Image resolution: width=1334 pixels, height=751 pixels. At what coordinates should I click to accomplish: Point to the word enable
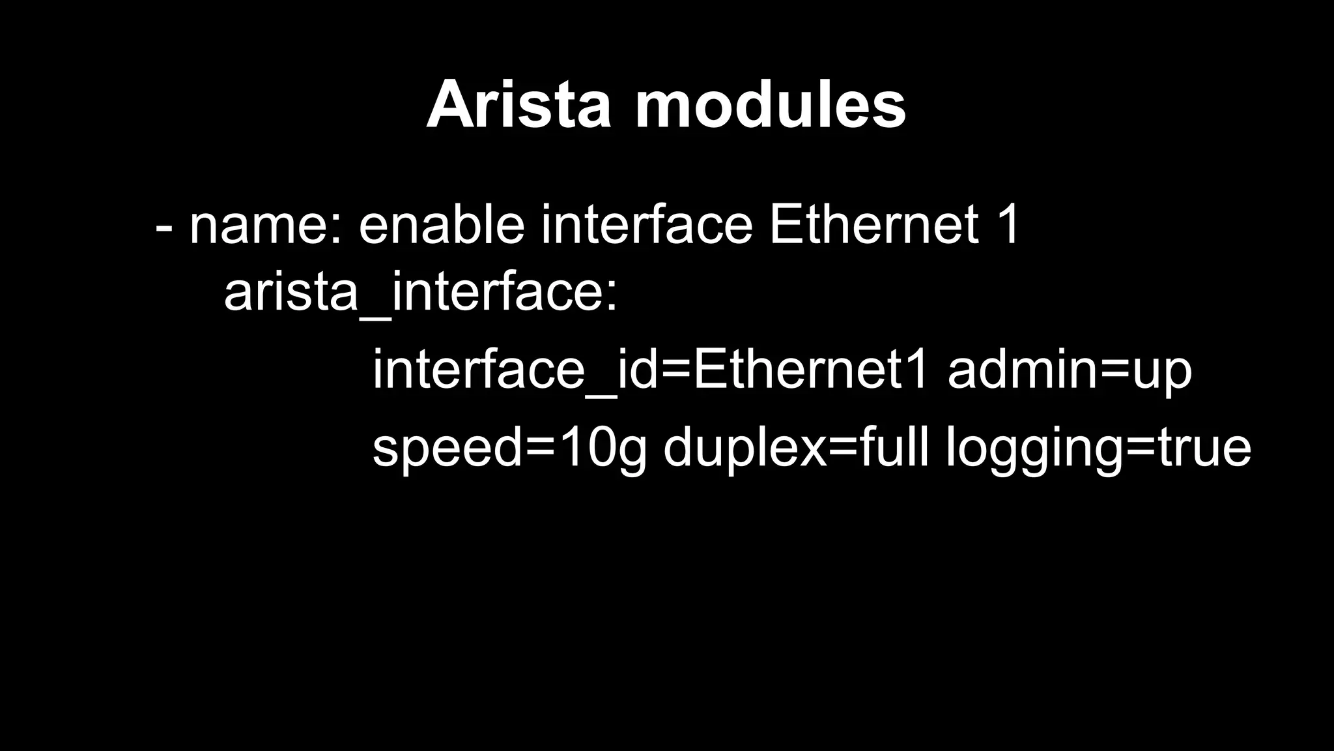pos(442,226)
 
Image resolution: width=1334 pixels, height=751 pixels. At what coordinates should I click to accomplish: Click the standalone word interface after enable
pos(647,226)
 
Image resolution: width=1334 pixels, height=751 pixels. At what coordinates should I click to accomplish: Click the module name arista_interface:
pos(420,293)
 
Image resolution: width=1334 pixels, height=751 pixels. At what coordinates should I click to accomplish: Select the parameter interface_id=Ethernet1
pos(650,370)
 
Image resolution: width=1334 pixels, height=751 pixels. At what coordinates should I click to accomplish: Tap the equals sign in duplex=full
pos(843,449)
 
